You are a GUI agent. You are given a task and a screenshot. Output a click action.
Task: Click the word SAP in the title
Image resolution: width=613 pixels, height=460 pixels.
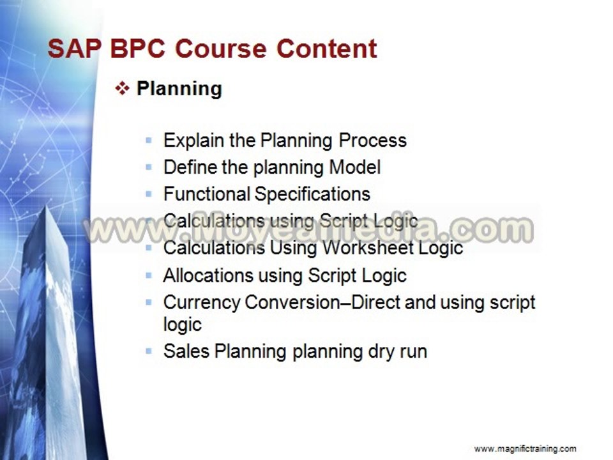(74, 49)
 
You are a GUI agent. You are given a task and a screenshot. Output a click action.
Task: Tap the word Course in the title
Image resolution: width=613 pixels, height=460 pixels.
(221, 49)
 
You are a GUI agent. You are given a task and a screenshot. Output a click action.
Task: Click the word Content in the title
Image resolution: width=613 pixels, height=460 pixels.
(327, 49)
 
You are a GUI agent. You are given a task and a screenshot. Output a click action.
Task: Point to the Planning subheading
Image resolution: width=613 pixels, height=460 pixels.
(179, 89)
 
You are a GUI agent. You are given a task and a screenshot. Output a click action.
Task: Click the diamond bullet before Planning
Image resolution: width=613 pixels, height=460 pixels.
(123, 89)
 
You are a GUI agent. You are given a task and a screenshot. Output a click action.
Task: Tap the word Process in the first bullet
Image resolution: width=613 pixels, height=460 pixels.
(372, 141)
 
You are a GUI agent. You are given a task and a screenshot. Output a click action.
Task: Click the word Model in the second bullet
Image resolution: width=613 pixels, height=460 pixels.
(355, 167)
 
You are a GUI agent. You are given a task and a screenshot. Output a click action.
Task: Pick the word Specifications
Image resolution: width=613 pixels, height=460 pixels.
(312, 194)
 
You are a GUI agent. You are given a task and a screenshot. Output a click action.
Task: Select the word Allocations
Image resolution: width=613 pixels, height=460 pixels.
(208, 275)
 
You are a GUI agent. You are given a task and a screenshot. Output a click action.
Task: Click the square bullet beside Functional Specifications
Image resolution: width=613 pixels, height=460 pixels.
(149, 194)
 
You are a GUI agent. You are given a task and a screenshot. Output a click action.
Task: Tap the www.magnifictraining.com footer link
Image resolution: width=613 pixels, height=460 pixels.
(525, 448)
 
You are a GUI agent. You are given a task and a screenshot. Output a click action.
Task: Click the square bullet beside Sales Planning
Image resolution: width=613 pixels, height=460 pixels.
(149, 351)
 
